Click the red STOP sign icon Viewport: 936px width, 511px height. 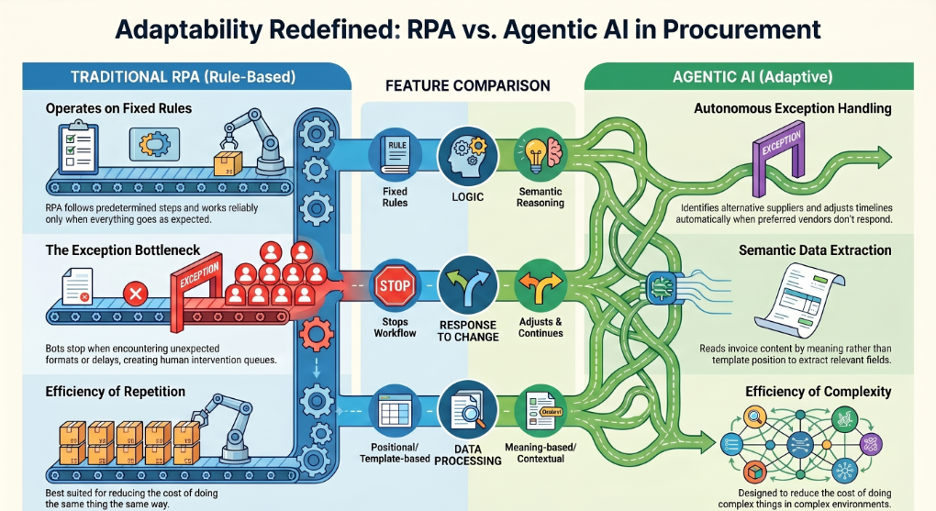pos(396,286)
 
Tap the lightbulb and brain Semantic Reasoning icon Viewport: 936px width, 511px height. pos(540,156)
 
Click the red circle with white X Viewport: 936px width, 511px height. pos(136,294)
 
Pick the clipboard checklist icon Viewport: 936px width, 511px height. pos(76,146)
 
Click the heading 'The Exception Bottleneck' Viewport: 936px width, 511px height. pos(123,250)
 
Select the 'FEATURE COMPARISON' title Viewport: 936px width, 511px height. pos(467,86)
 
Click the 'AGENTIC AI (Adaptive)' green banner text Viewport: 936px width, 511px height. pos(752,77)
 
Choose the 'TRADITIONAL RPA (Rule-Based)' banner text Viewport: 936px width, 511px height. pos(184,77)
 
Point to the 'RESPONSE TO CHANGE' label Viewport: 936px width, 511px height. pos(467,330)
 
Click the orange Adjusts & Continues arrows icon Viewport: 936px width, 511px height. pos(540,286)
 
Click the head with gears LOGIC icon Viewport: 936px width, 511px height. pos(467,156)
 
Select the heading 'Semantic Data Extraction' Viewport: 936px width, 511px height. pos(815,250)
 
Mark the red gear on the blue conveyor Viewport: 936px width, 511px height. pos(315,334)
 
